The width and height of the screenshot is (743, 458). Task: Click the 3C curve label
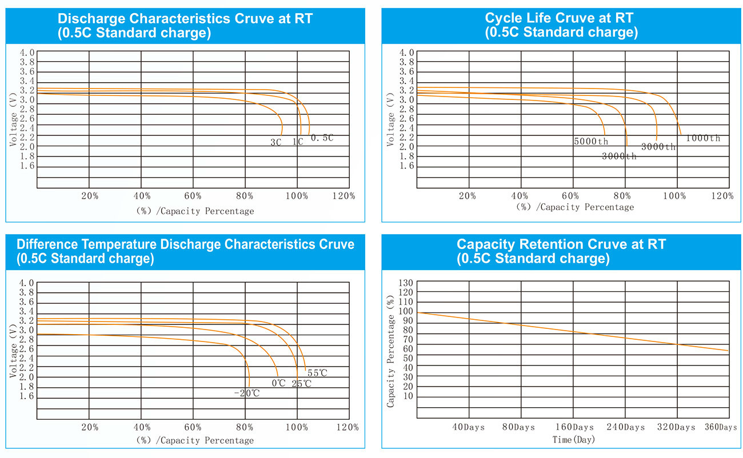point(276,142)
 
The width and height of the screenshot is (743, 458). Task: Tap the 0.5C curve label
point(322,138)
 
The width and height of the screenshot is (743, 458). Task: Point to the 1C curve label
point(298,142)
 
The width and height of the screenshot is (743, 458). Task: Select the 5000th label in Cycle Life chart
point(591,141)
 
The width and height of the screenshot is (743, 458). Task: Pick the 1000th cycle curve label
point(703,138)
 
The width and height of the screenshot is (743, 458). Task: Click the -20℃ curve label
point(247,393)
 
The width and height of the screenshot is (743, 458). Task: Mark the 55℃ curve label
point(317,373)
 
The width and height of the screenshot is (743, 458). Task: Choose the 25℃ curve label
point(302,383)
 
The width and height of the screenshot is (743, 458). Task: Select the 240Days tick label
point(626,427)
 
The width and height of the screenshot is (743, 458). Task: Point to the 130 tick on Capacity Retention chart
point(405,283)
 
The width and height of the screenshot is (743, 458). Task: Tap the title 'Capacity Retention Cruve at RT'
point(561,244)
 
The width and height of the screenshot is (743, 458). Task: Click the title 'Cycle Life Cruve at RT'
point(560,18)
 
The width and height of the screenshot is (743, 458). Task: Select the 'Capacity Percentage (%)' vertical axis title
point(391,351)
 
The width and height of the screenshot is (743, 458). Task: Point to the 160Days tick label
point(575,427)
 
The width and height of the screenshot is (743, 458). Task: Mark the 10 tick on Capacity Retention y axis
point(408,396)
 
